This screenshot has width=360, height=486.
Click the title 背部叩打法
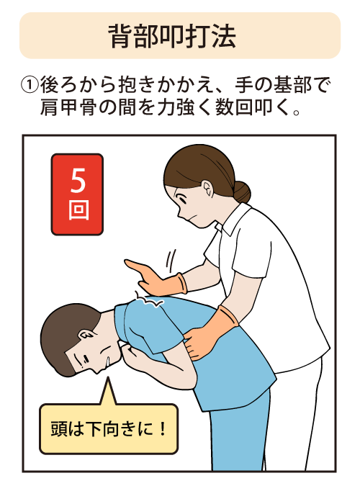coord(179,36)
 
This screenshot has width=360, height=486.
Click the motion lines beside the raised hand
coord(169,257)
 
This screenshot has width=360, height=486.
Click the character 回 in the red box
coord(77,211)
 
